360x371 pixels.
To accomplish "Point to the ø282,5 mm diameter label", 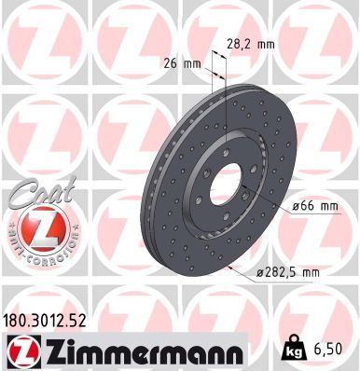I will [x=291, y=271].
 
